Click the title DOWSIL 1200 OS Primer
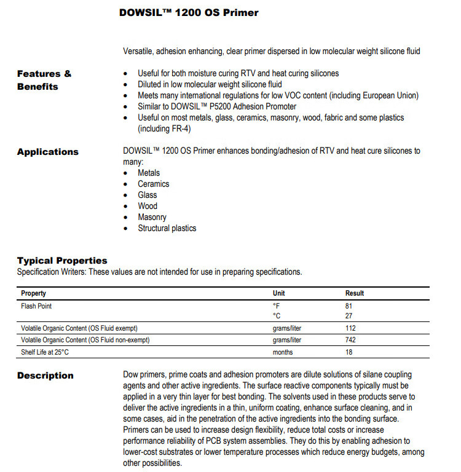pyautogui.click(x=189, y=12)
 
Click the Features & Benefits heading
pyautogui.click(x=44, y=80)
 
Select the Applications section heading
pyautogui.click(x=48, y=152)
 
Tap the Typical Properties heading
pyautogui.click(x=62, y=261)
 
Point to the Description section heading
pyautogui.click(x=45, y=376)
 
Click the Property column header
pyautogui.click(x=34, y=293)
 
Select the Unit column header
pyautogui.click(x=278, y=293)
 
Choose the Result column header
pyautogui.click(x=355, y=293)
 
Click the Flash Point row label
pyautogui.click(x=36, y=306)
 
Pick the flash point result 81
pyautogui.click(x=350, y=306)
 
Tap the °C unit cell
pyautogui.click(x=277, y=317)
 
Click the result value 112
pyautogui.click(x=351, y=328)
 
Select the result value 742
pyautogui.click(x=351, y=340)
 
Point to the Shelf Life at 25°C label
pyautogui.click(x=46, y=352)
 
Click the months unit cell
pyautogui.click(x=283, y=352)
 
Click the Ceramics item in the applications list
pyautogui.click(x=153, y=184)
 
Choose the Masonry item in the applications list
pyautogui.click(x=152, y=217)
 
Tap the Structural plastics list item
pyautogui.click(x=167, y=228)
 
